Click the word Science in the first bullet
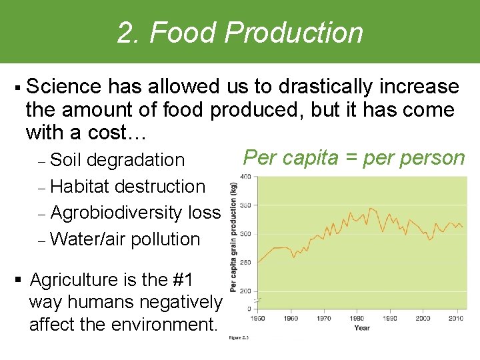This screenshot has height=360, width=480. coord(65,87)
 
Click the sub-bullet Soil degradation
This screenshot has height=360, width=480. coord(117,160)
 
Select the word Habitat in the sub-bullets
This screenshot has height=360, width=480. coord(79,187)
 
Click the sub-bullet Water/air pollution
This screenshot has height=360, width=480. coord(125,239)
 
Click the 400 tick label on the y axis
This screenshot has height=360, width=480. coord(245,177)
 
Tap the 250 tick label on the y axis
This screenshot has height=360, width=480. coord(245,262)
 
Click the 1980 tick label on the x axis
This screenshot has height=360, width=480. coord(357,319)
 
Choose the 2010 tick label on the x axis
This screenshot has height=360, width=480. coord(456,319)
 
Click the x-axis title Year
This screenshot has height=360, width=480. coord(362,327)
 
